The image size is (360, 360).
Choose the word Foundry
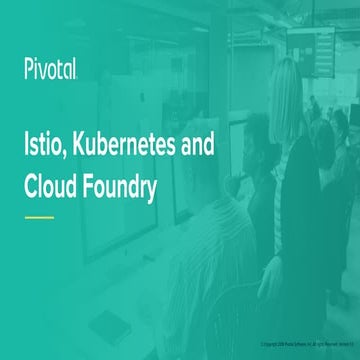[126, 187]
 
